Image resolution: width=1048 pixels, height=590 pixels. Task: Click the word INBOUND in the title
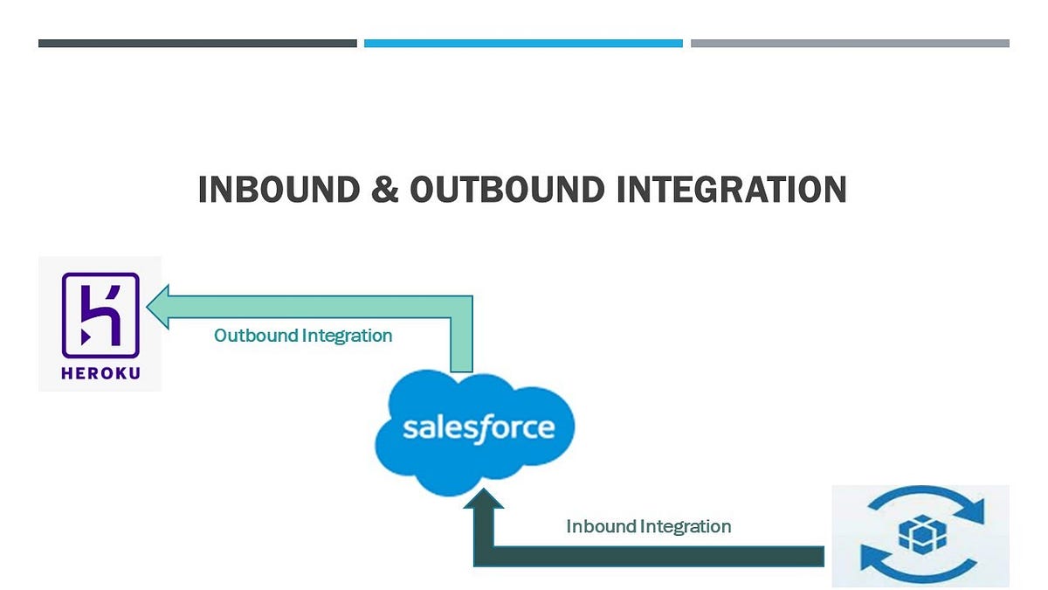pos(279,189)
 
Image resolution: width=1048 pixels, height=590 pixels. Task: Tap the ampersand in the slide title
pos(385,189)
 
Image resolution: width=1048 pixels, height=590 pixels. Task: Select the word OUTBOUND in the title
pos(507,189)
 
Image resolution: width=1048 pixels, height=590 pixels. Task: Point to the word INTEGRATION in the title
pos(732,189)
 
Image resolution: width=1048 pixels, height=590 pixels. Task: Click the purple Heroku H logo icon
pos(100,316)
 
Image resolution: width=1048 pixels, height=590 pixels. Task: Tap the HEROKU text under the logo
pos(100,373)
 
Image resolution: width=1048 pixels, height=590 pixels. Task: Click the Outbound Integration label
pos(303,336)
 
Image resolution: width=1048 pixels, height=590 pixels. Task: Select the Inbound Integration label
pos(648,526)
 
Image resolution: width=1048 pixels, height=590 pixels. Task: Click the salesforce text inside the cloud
pos(479,428)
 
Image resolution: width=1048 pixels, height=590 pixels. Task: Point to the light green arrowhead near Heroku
pos(158,307)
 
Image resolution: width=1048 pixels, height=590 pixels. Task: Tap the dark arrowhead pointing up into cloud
pos(484,498)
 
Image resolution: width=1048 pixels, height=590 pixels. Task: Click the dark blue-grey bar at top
pos(197,44)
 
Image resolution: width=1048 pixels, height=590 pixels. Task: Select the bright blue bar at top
pos(523,44)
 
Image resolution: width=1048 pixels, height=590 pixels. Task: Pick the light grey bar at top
pos(850,44)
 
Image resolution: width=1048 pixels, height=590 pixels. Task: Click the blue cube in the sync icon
pos(922,534)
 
